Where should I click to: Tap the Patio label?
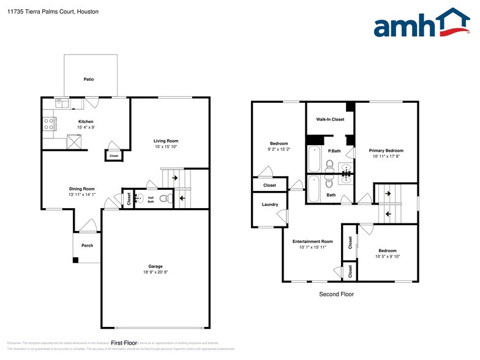[x=89, y=79]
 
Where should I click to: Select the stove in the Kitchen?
[x=49, y=124]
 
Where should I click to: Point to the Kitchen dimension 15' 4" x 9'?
[x=86, y=127]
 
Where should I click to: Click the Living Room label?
[x=165, y=141]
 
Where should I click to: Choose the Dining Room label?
[x=81, y=189]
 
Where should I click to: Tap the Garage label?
[x=156, y=266]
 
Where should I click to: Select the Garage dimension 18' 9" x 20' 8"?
[x=156, y=272]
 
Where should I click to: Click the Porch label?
[x=87, y=246]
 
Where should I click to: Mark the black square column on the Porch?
[x=76, y=260]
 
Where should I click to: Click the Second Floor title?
[x=336, y=294]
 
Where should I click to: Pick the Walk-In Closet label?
[x=330, y=119]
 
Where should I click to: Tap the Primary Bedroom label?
[x=386, y=151]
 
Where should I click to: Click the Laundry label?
[x=270, y=204]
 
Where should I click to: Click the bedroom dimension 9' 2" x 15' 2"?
[x=279, y=149]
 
